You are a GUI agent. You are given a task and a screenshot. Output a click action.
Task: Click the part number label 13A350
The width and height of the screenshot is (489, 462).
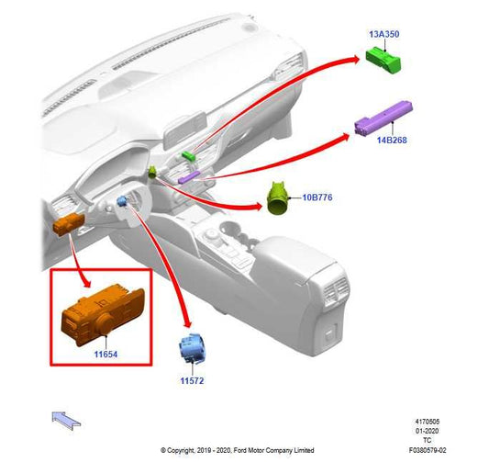[383, 34]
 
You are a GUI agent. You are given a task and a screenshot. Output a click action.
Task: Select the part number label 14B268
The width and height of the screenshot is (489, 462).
[392, 140]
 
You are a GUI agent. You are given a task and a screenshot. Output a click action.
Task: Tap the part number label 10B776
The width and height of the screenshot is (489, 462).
[317, 197]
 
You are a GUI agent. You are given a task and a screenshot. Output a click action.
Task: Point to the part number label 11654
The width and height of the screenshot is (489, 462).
[106, 355]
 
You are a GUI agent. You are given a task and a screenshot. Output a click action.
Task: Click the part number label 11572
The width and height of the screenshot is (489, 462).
[192, 380]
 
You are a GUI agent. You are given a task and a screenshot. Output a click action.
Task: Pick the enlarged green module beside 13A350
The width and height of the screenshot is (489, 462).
[383, 60]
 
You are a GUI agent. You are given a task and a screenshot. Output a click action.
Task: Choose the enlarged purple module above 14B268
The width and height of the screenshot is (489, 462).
[383, 118]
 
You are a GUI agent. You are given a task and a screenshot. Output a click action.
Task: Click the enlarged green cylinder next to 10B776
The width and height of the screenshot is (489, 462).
[278, 197]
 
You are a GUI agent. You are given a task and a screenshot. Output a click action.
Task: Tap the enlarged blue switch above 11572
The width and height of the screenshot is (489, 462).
[191, 348]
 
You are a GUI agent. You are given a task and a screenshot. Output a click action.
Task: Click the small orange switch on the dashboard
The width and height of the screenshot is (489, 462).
[69, 223]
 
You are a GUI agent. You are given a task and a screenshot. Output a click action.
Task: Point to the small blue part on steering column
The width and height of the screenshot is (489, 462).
[122, 201]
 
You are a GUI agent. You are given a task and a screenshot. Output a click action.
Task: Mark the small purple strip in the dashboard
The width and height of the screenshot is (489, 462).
[189, 177]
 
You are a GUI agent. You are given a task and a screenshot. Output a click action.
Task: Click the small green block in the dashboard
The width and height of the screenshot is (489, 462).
[189, 156]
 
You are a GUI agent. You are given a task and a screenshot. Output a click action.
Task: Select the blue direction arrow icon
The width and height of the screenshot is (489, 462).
[66, 420]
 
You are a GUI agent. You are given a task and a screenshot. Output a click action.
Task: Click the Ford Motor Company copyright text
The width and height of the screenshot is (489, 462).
[237, 450]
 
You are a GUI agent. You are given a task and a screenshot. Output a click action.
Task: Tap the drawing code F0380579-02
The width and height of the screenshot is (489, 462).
[428, 450]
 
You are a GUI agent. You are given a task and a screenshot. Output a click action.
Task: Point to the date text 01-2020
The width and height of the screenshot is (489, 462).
[427, 431]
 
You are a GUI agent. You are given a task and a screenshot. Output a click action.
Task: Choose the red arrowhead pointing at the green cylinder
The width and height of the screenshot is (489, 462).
[257, 206]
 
